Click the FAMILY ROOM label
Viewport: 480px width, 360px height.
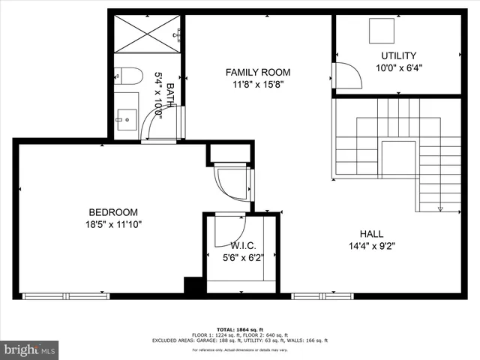point(258,72)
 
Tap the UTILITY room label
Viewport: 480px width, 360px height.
point(398,55)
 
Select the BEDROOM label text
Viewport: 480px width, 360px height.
point(113,211)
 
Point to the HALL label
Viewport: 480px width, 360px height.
point(371,233)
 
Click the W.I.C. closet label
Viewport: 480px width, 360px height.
point(243,245)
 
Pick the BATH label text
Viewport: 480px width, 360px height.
point(170,95)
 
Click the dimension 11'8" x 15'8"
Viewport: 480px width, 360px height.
point(258,85)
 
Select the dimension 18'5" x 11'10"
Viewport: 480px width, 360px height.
point(113,223)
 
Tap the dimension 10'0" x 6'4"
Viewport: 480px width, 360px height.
point(399,67)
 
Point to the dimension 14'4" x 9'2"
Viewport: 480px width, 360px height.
point(371,245)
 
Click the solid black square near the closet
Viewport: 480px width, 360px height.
point(193,286)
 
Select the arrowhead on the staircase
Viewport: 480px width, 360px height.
point(440,209)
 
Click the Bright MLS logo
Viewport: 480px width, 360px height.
point(30,349)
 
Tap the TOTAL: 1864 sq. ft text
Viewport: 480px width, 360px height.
point(240,329)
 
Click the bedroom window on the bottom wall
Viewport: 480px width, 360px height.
point(56,296)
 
